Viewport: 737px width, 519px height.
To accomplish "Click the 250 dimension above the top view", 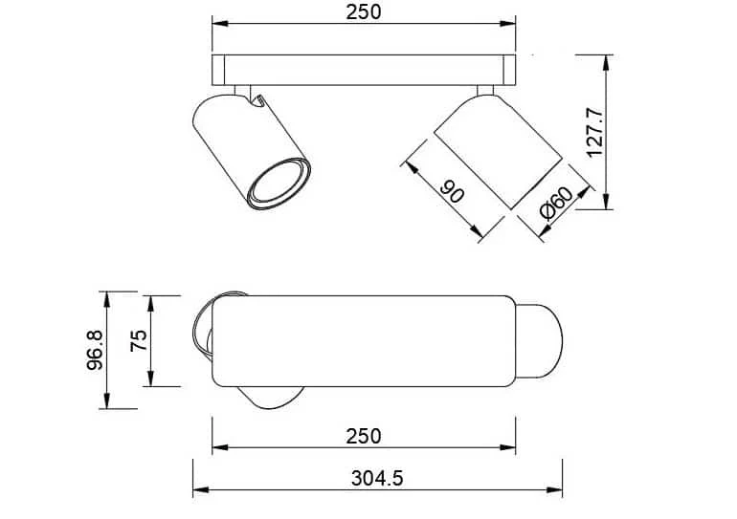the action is (364, 12).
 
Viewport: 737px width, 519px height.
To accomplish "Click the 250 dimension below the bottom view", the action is (364, 437).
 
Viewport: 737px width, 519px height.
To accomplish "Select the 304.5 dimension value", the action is (377, 479).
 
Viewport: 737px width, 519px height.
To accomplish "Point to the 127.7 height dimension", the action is (595, 132).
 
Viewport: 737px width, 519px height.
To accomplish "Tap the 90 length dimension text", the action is (452, 191).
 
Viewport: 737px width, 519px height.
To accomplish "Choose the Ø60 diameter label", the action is (557, 203).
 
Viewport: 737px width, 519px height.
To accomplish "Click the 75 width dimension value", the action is (139, 340).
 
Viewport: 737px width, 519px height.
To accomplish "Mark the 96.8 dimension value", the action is (96, 350).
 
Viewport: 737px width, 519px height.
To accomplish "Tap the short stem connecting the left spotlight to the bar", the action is (242, 91).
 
